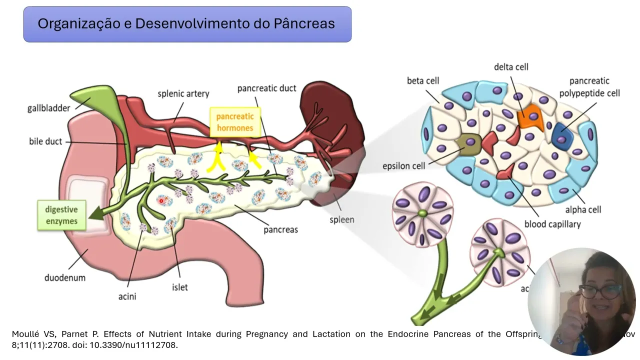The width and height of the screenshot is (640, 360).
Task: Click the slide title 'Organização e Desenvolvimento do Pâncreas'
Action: click(186, 23)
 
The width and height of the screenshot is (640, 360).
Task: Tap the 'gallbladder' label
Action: click(48, 108)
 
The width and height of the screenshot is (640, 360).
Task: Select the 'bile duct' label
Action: click(45, 141)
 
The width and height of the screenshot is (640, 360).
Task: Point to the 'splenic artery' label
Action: click(183, 93)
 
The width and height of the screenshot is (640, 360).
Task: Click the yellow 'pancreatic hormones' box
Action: click(234, 122)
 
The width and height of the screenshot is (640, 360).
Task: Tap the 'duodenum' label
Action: click(65, 277)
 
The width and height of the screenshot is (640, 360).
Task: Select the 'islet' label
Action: click(180, 287)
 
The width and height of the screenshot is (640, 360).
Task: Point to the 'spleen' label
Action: click(342, 219)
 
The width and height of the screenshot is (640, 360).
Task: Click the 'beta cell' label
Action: click(423, 81)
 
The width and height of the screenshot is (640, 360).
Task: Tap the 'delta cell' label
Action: click(511, 67)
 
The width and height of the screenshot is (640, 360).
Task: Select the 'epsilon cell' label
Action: click(403, 166)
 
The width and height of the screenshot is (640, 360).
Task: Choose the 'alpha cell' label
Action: click(583, 209)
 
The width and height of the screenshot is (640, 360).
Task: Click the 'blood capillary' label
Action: click(552, 224)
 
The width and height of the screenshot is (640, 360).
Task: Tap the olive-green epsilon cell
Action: click(468, 143)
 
